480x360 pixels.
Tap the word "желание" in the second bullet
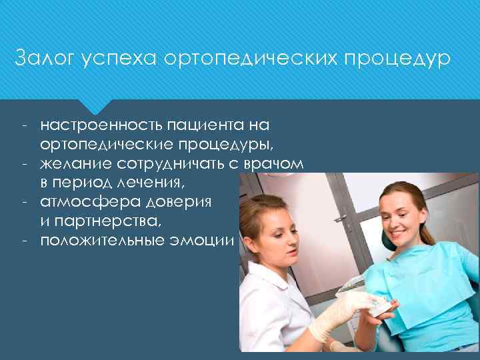(x=72, y=163)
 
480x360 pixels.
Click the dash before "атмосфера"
(x=23, y=201)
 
